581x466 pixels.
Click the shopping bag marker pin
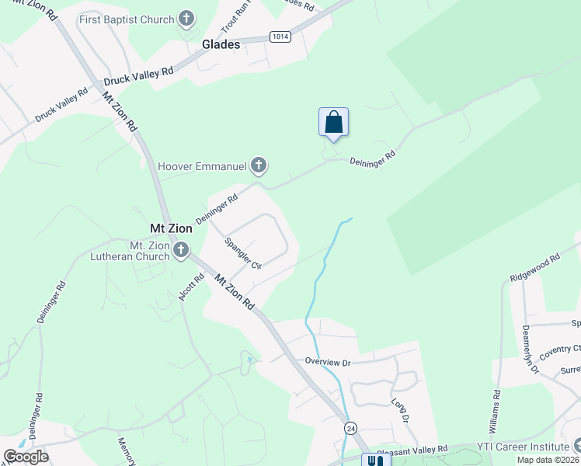coord(333,123)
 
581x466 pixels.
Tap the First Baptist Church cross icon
coord(186,18)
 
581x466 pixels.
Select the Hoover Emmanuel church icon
coord(259,165)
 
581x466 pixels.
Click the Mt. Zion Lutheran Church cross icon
coord(181,250)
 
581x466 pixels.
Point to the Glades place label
coord(221,44)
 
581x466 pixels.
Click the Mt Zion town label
coord(170,229)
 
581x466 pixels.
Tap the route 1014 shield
coord(280,37)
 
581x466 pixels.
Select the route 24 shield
coord(351,428)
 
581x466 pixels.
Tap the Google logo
coord(26,457)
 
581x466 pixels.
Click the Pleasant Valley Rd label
coord(412,449)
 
